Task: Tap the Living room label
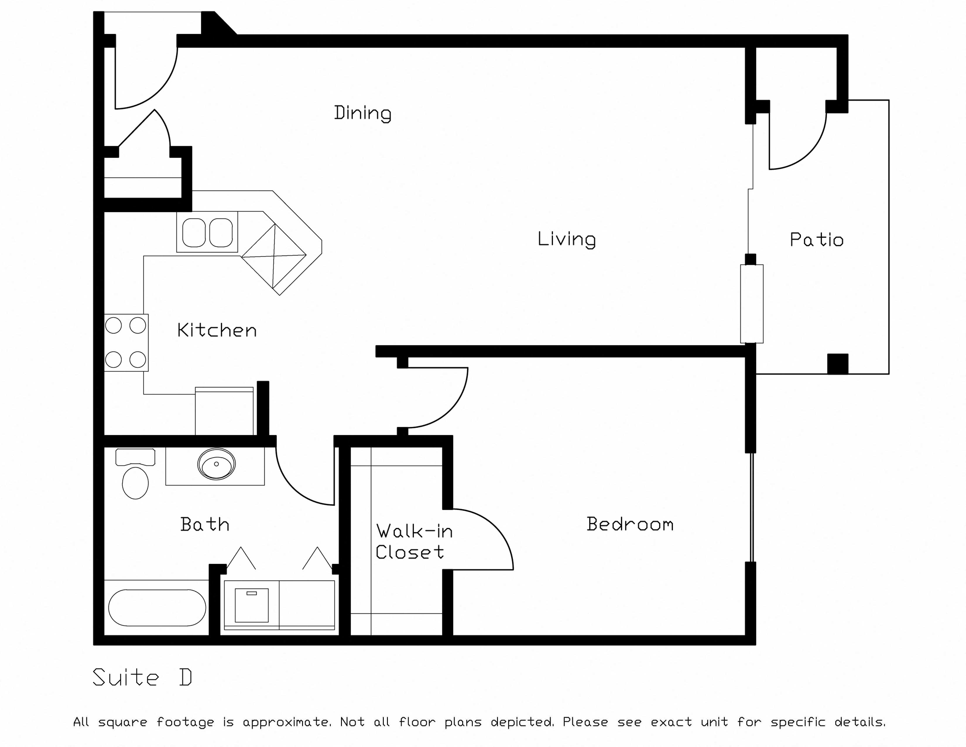click(567, 239)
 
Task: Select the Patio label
click(816, 240)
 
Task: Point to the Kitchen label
click(217, 330)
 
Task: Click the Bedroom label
click(630, 524)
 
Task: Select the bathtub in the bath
click(157, 608)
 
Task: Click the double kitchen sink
click(207, 232)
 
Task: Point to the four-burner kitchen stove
click(126, 342)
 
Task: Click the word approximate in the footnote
click(287, 722)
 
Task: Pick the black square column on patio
click(838, 364)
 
